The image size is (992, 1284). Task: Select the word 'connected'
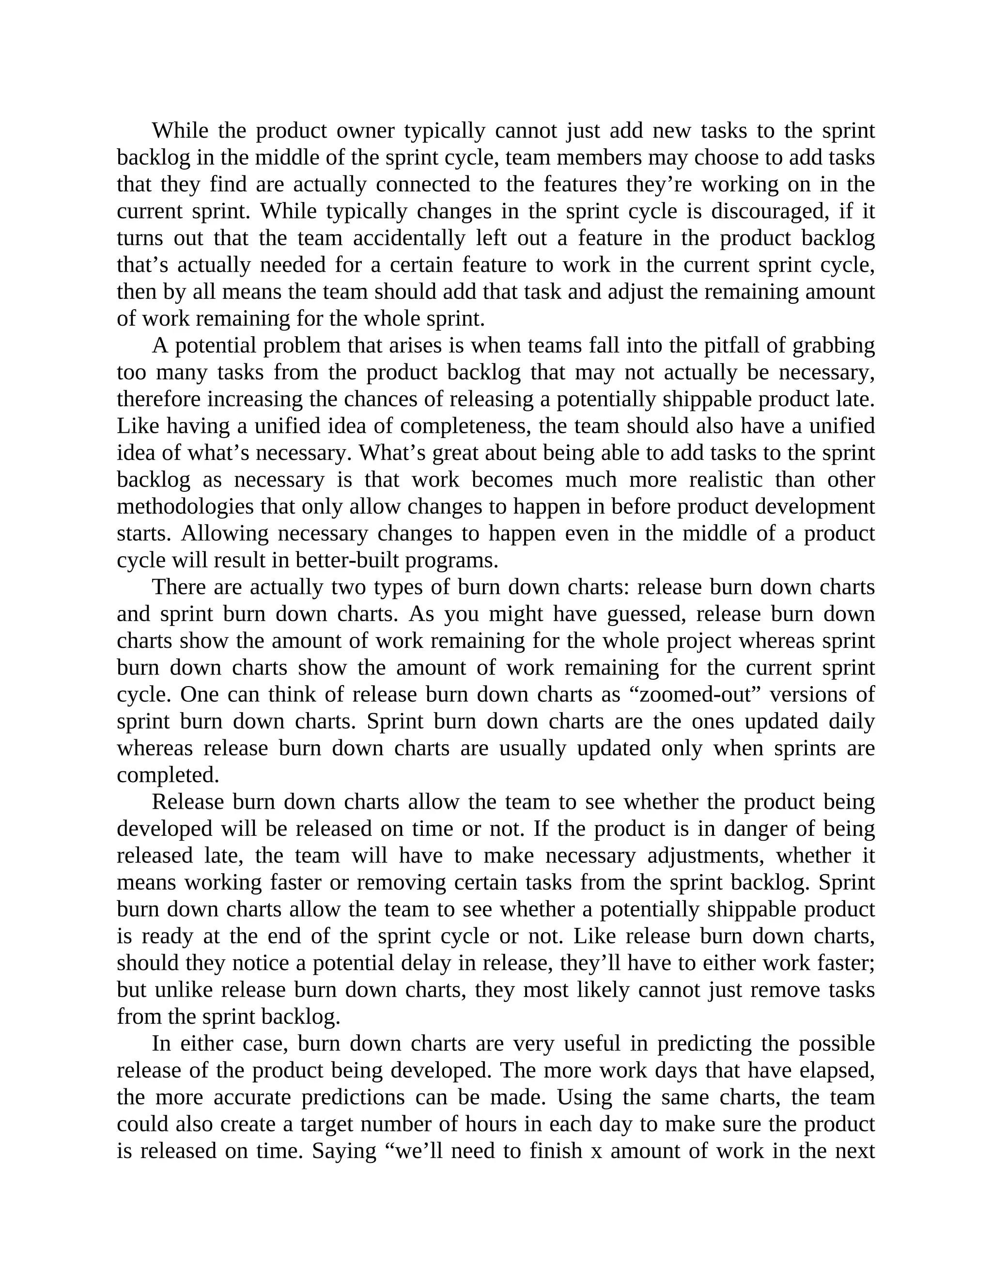(x=423, y=184)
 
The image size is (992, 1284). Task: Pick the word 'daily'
(x=852, y=721)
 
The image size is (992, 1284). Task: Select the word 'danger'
(x=760, y=829)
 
